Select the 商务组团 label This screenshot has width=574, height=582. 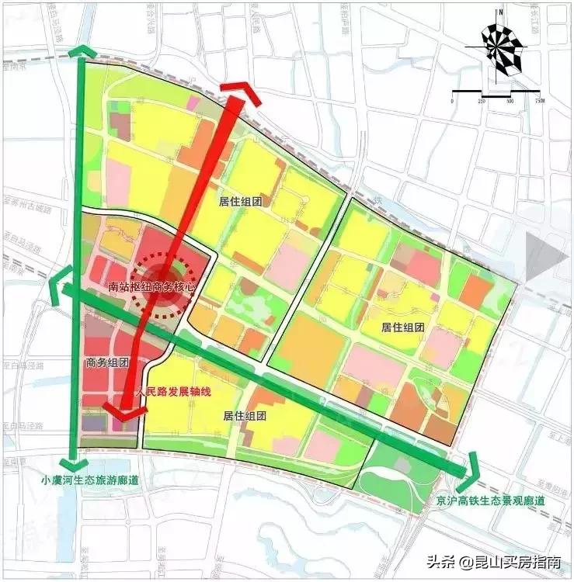click(106, 363)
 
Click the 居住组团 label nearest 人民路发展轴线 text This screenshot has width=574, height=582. click(245, 416)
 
